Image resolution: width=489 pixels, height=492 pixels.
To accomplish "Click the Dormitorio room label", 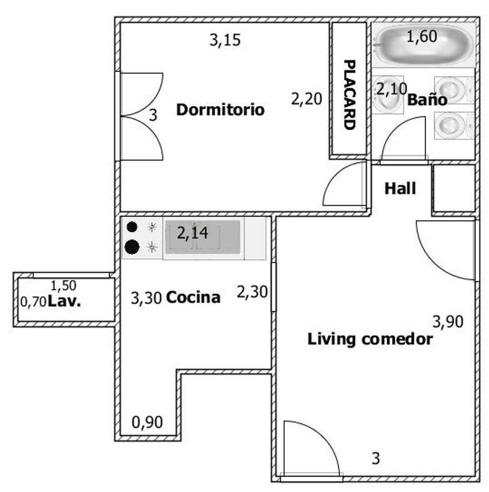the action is pos(220,110).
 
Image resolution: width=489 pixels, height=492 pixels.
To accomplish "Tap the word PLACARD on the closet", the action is pos(349,94).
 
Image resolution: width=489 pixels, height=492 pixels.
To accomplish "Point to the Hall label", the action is pos(400,189).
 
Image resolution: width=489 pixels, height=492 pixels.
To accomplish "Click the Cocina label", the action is pos(193,297).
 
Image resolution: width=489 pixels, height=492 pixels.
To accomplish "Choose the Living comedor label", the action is pos(370,339).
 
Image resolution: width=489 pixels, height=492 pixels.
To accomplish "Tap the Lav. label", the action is pos(64,302).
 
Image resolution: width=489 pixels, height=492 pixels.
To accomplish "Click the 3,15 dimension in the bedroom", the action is pos(225,40).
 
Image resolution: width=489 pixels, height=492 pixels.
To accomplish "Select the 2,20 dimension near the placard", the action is pos(306,99).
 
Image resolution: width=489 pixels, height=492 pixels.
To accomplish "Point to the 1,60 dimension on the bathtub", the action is pos(422,36).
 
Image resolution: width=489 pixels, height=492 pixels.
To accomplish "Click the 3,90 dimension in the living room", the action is pos(448,322).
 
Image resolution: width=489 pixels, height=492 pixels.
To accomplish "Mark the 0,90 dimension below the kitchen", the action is pos(147,422).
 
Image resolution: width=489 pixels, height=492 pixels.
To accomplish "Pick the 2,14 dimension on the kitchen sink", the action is pos(193,233).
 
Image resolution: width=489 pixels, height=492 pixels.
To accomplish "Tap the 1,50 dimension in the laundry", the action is pos(63,286).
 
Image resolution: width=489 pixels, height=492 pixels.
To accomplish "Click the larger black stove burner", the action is pos(132,246).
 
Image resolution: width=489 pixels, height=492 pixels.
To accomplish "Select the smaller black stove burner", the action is pos(132,227).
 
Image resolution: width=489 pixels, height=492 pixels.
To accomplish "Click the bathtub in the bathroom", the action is pos(424,44).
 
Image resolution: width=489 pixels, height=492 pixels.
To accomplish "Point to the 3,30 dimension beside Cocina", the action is pos(146,298).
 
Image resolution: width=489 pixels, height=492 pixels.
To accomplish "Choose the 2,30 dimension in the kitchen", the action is pos(252,292).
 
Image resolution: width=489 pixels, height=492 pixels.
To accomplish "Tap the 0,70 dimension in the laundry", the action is pos(33,302).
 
